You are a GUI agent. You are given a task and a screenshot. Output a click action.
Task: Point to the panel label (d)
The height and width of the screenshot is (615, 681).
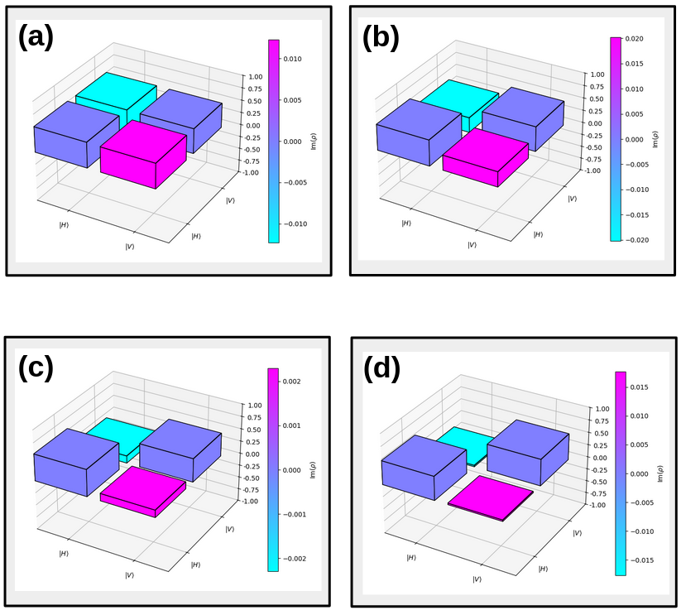click(x=381, y=369)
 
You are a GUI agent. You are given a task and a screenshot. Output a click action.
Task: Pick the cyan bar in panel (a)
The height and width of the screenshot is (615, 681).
click(x=116, y=89)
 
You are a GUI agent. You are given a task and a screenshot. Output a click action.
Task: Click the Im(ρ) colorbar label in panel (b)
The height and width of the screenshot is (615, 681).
click(x=655, y=139)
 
